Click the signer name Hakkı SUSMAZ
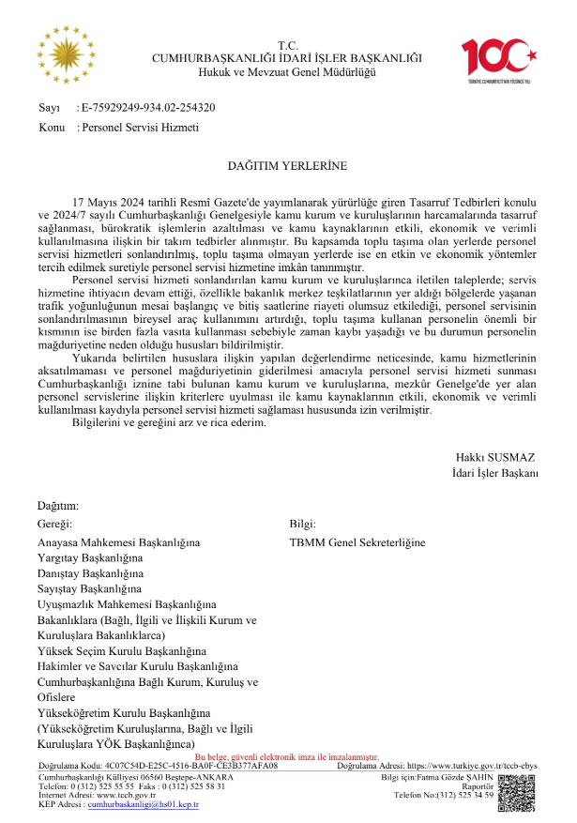point(495,457)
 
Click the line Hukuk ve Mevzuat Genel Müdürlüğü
point(287,72)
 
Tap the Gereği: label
point(53,524)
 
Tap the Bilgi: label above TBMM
point(302,524)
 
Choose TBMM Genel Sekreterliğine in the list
point(357,542)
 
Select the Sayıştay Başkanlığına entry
point(90,587)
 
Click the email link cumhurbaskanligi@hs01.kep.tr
point(143,804)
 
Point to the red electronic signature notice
point(286,755)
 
